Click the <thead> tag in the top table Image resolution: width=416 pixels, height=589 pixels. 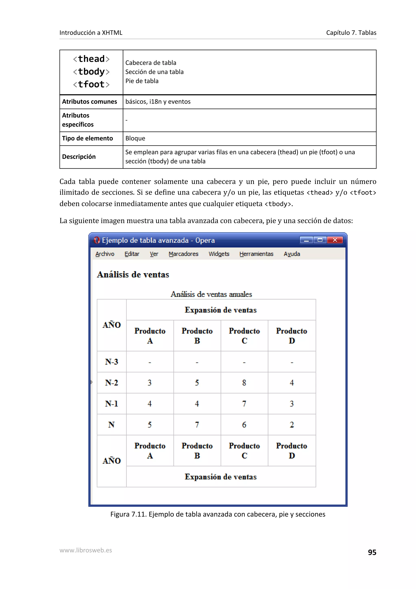coord(91,59)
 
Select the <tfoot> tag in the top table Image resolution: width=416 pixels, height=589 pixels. coord(91,84)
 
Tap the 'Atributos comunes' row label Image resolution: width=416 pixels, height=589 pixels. coord(89,102)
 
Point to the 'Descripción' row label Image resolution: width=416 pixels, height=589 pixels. coord(79,157)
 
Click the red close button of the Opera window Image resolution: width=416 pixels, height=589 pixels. coord(335,240)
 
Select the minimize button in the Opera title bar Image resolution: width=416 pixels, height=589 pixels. coord(306,240)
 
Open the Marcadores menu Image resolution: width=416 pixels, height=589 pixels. coord(183,254)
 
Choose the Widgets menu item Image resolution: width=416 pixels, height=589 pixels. coord(219,254)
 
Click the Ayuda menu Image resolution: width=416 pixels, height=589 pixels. coord(292,254)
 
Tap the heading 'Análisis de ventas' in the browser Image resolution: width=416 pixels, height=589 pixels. coord(133,275)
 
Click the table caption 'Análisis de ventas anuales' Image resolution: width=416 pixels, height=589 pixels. coord(211,294)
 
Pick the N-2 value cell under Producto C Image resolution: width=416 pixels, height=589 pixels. coord(244,383)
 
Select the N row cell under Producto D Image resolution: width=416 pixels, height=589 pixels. coord(292,425)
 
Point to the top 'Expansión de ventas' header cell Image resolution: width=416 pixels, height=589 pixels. coord(221,310)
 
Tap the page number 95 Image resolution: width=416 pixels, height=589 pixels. coord(372,552)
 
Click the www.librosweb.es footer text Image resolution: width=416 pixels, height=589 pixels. coord(86,550)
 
